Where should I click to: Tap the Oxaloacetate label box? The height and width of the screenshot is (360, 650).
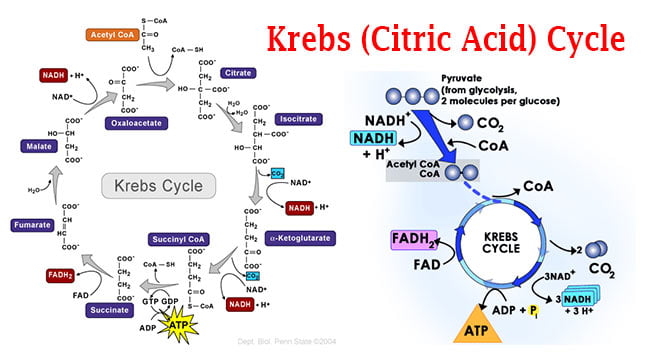click(x=133, y=124)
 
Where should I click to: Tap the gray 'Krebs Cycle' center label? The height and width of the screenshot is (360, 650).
click(x=152, y=186)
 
